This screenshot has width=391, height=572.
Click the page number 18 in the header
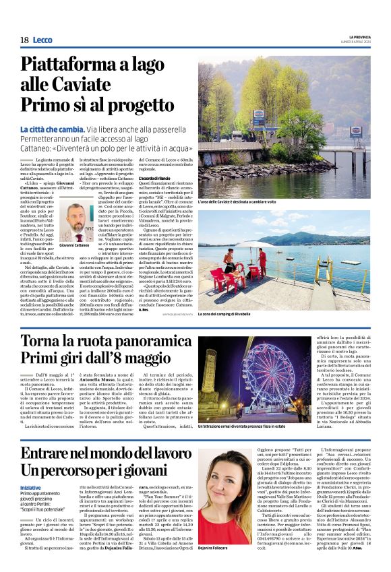coord(24,40)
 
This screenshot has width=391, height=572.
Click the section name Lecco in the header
coord(42,40)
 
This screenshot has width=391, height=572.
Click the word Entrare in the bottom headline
coord(53,451)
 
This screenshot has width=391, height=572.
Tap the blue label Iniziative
coord(30,488)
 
